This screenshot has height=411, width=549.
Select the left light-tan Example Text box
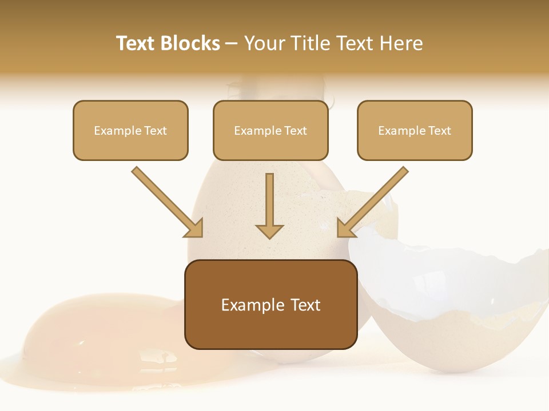(130, 130)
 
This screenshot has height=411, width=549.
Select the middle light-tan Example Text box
(270, 130)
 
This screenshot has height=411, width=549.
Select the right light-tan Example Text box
(415, 130)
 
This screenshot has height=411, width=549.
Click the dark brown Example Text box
(270, 305)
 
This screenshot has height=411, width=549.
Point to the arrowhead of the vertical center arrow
(269, 231)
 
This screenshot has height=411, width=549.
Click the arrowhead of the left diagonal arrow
(194, 228)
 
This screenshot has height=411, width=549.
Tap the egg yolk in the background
(63, 325)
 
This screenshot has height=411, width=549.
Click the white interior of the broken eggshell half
(446, 280)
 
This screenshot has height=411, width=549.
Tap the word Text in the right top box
(439, 130)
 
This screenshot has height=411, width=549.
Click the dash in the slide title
(232, 43)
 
